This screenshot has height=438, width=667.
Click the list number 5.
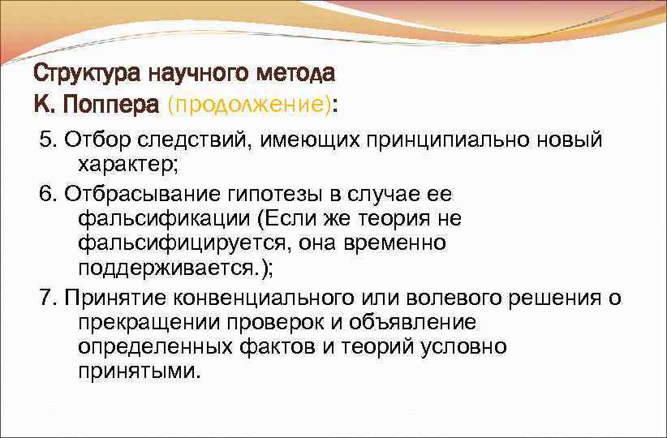coord(45,140)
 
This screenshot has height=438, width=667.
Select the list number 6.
coord(45,195)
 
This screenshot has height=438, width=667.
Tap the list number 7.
coord(45,298)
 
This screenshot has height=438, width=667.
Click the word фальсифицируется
coord(183,243)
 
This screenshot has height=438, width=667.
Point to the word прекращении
coord(137,322)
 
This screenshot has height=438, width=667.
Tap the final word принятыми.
coord(137,371)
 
